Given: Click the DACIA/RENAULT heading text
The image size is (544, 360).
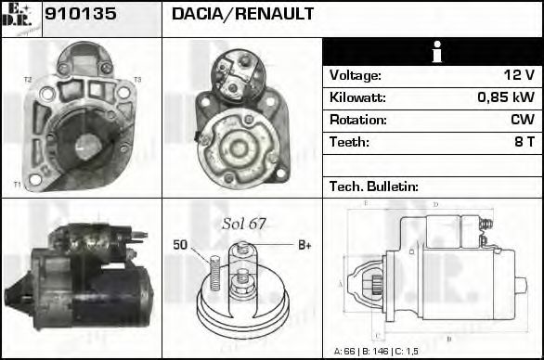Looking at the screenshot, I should tap(242, 15).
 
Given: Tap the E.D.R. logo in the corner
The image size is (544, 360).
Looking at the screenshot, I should tap(20, 19).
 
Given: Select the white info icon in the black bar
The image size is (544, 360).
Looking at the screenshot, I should tap(433, 52).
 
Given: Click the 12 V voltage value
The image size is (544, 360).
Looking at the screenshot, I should tap(518, 75).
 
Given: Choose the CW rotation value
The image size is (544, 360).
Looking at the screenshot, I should tap(522, 120).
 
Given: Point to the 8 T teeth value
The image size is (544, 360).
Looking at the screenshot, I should tap(524, 142).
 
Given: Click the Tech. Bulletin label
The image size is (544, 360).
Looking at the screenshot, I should tap(374, 186).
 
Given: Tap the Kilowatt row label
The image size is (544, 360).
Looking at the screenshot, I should tap(358, 97).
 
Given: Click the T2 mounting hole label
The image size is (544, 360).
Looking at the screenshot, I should tap(27, 80).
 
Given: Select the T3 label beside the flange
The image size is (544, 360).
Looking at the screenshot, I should tap(136, 80).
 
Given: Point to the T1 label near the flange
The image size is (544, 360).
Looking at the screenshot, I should tap(17, 185).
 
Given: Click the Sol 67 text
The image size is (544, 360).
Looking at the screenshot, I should tap(244, 224).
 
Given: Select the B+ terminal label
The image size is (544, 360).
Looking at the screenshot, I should tap(304, 245).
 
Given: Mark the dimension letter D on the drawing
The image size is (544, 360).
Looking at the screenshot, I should tap(435, 205).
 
